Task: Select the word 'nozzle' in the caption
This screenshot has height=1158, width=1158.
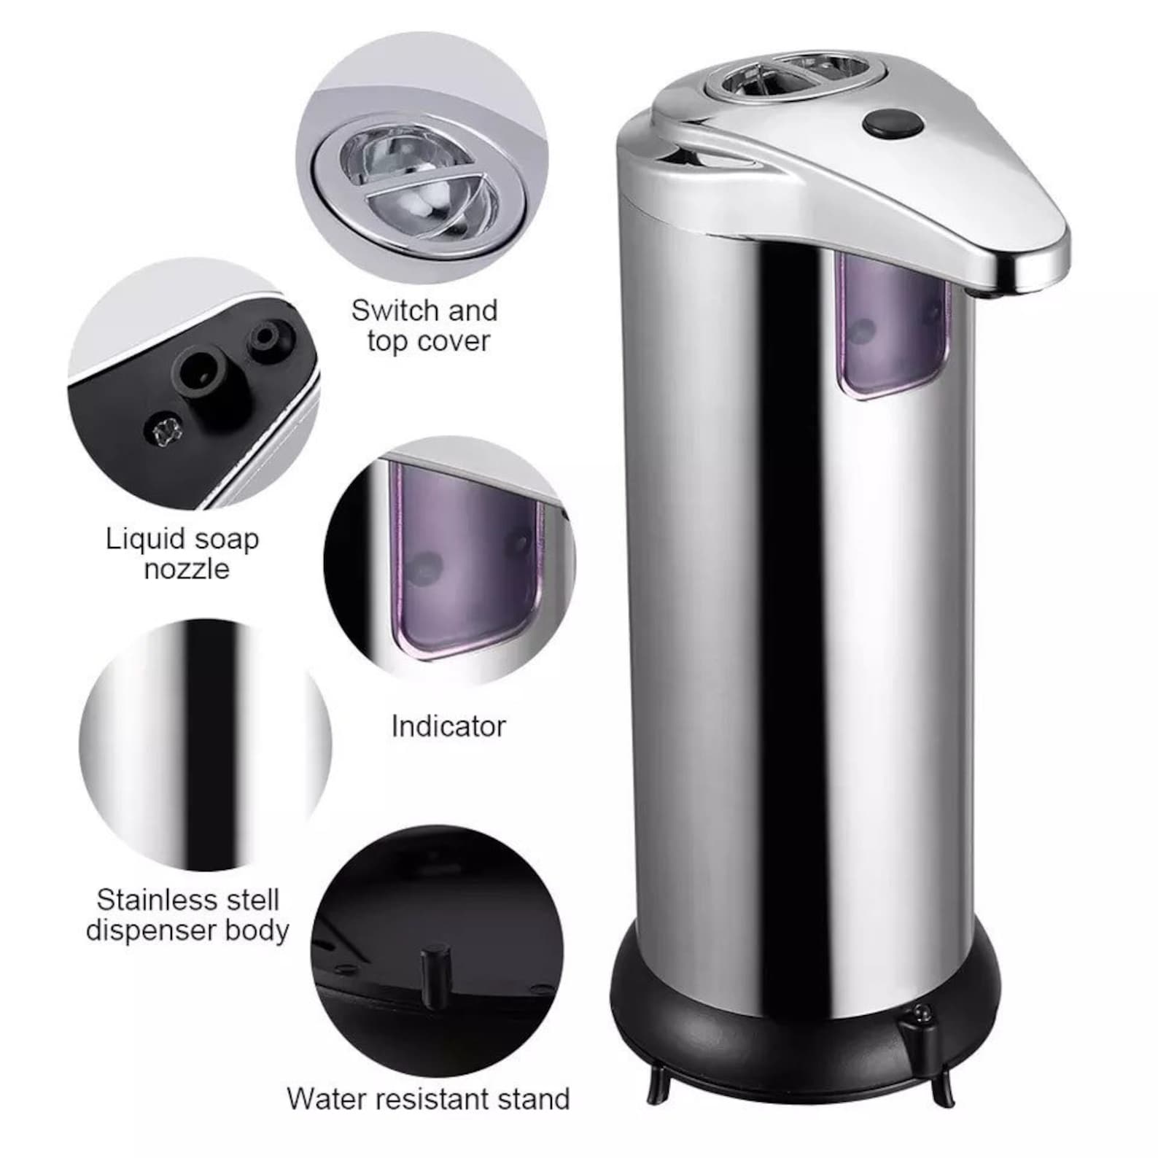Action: (187, 570)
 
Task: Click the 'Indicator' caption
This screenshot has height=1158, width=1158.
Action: (448, 726)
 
